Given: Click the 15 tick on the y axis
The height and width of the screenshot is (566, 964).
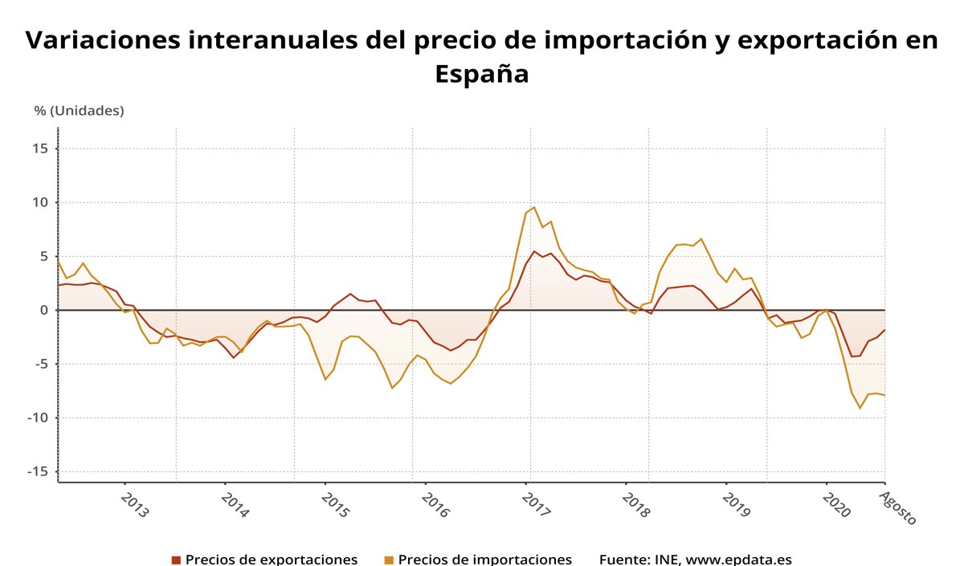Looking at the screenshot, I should [41, 149].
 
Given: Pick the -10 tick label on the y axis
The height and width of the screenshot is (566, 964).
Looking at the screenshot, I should [39, 417].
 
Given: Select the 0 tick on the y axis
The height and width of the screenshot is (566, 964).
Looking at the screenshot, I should [44, 310].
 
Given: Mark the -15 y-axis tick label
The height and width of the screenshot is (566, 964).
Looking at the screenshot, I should [39, 471].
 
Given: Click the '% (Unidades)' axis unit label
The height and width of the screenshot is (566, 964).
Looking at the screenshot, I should [79, 111].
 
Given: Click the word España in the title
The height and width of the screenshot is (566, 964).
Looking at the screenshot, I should [482, 74].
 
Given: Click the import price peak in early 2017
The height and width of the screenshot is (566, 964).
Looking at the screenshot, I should [534, 207].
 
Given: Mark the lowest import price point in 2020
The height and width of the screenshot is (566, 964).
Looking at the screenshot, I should [860, 408].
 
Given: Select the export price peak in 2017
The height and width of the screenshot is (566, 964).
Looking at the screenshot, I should [534, 251].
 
